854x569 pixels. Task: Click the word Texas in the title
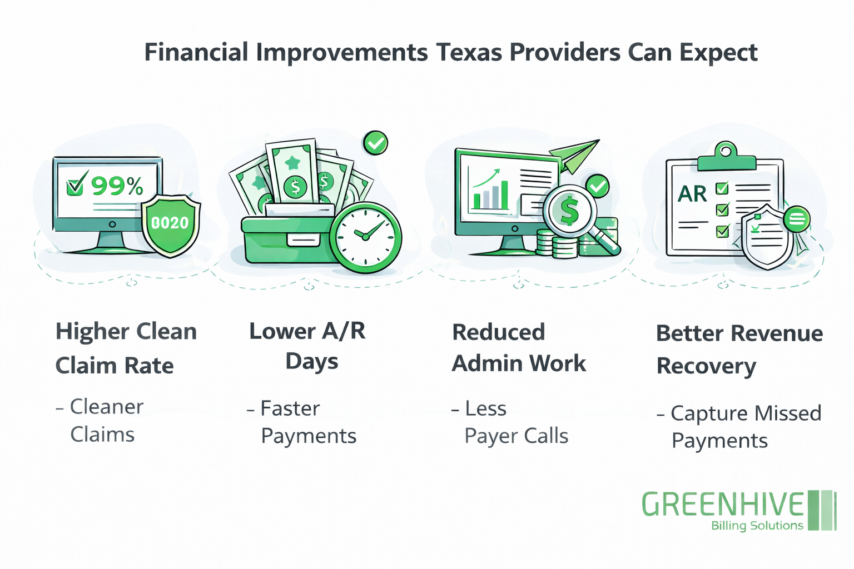pyautogui.click(x=469, y=53)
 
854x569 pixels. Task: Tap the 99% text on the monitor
pyautogui.click(x=117, y=186)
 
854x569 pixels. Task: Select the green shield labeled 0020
pyautogui.click(x=170, y=224)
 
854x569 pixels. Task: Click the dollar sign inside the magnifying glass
pyautogui.click(x=569, y=211)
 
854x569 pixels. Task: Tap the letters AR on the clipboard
pyautogui.click(x=692, y=194)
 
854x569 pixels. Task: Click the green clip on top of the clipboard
pyautogui.click(x=726, y=156)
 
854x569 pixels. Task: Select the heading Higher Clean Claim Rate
pyautogui.click(x=126, y=348)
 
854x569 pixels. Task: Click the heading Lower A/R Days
pyautogui.click(x=308, y=346)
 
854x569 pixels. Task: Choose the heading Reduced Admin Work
pyautogui.click(x=518, y=348)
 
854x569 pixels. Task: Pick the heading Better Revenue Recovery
pyautogui.click(x=739, y=350)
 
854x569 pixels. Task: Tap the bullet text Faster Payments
pyautogui.click(x=307, y=422)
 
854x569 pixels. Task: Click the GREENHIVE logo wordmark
pyautogui.click(x=723, y=505)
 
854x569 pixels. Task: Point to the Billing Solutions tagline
pyautogui.click(x=757, y=526)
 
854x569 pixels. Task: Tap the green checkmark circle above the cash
pyautogui.click(x=375, y=143)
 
